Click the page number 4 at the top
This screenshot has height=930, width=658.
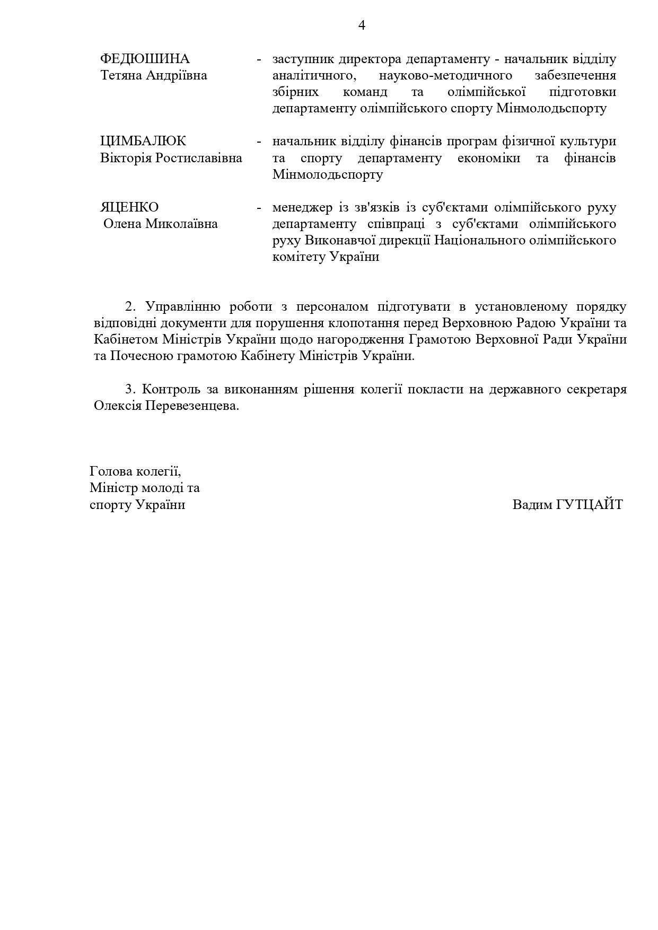[x=362, y=25]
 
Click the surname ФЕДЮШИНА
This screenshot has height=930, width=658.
[x=145, y=59]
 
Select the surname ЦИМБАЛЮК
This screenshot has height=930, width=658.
[x=143, y=141]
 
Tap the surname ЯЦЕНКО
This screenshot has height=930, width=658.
[x=129, y=207]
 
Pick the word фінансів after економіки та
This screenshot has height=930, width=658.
[x=590, y=158]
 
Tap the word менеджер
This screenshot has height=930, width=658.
[x=303, y=207]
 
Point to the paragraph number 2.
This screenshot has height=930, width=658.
[x=130, y=306]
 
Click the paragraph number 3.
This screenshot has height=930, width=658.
[x=130, y=389]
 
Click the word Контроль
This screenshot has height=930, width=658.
[x=172, y=389]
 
